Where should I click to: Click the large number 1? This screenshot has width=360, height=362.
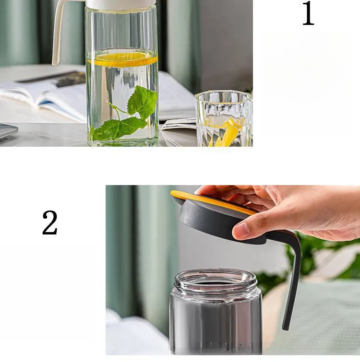(x=308, y=13)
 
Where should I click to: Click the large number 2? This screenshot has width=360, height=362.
(x=49, y=223)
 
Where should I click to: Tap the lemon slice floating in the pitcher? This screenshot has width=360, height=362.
(x=122, y=59)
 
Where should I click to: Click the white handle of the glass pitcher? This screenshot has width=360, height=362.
(x=58, y=32)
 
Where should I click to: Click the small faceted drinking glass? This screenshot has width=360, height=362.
(x=224, y=118)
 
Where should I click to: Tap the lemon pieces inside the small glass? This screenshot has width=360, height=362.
(x=228, y=131)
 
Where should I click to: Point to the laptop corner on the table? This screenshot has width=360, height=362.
(x=8, y=131)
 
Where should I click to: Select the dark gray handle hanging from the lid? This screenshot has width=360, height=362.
(x=292, y=277)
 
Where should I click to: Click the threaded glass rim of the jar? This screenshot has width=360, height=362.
(x=216, y=280)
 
